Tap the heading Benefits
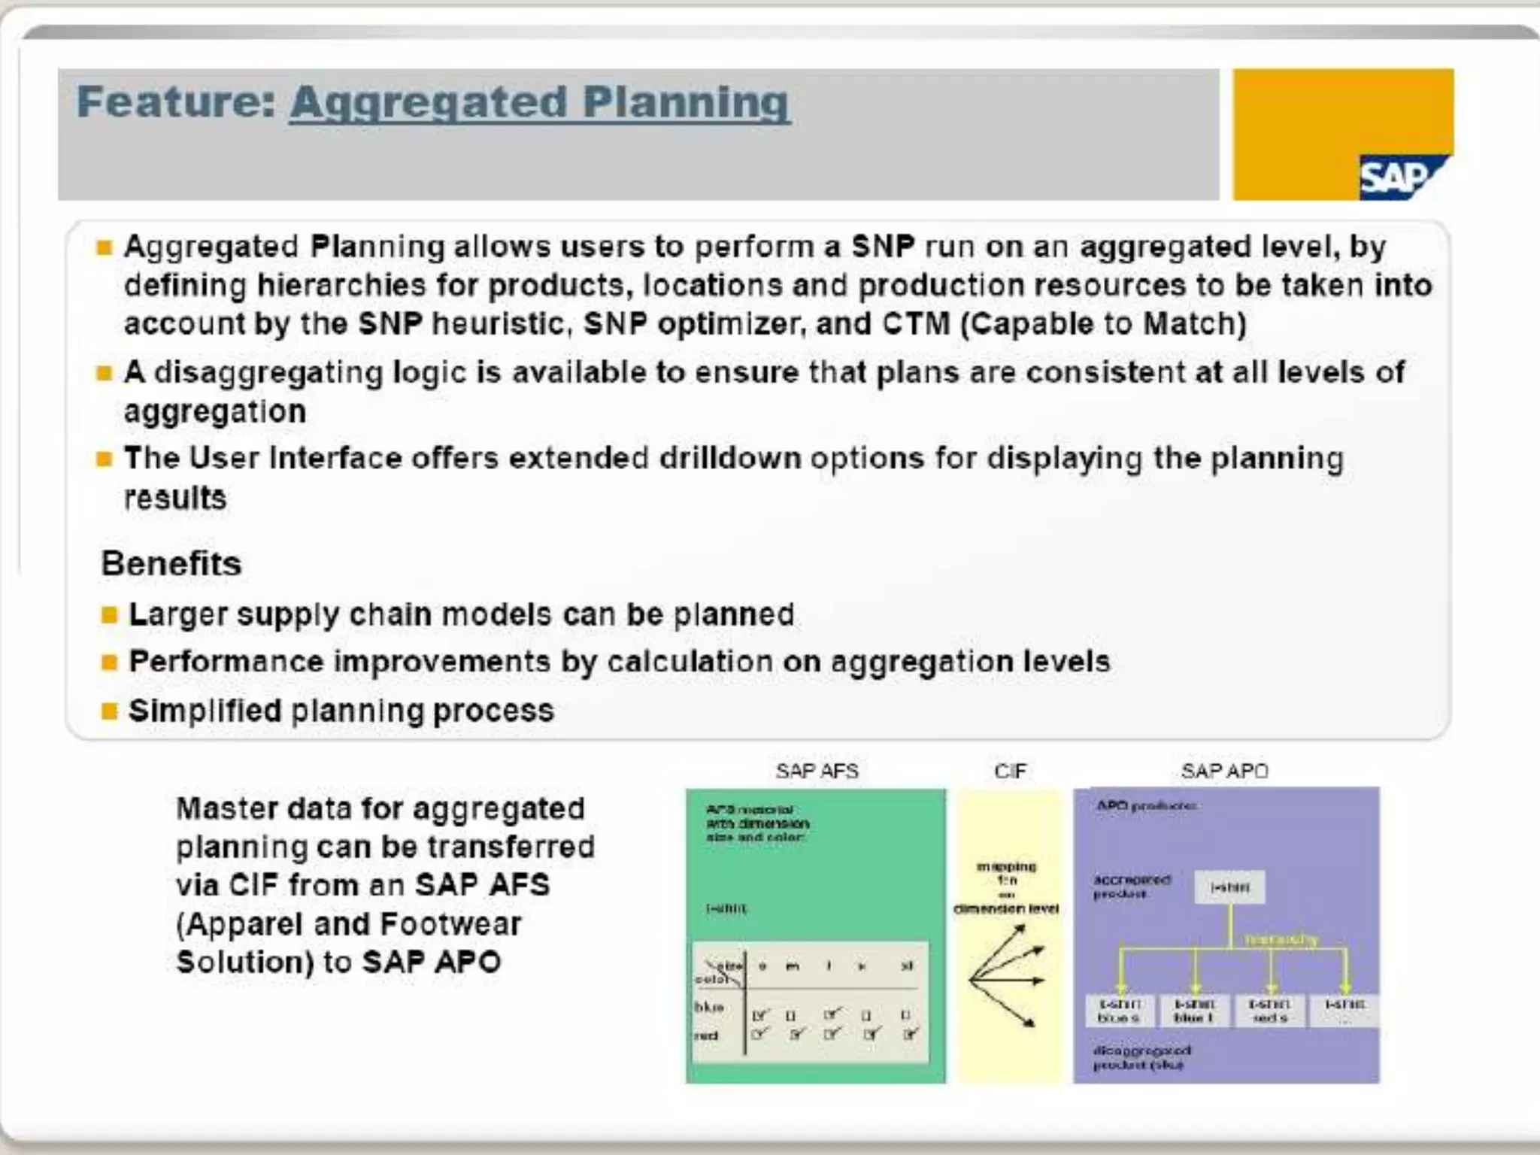(x=171, y=564)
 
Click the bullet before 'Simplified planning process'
(x=110, y=711)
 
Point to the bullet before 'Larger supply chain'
(x=110, y=615)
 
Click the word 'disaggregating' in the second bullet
(x=268, y=373)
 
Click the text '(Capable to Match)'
(x=1103, y=324)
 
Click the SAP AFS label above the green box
(x=817, y=771)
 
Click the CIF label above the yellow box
(x=1010, y=771)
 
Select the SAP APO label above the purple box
(x=1225, y=771)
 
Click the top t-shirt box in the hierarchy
(x=1229, y=887)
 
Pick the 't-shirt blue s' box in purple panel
(x=1120, y=1011)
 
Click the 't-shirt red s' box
(x=1269, y=1011)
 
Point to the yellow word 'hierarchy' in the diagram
(x=1281, y=939)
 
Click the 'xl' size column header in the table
(x=907, y=966)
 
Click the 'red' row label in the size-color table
(x=706, y=1035)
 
